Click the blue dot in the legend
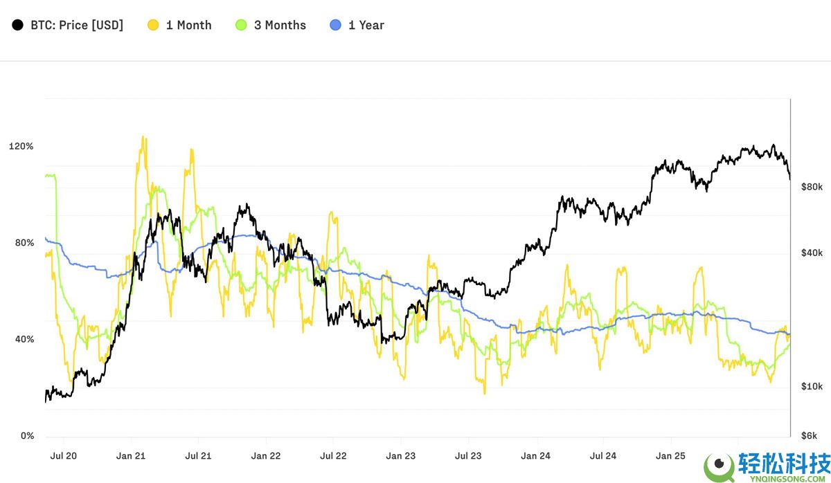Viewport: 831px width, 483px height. [336, 25]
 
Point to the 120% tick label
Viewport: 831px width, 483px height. [21, 146]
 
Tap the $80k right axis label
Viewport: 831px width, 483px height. [811, 187]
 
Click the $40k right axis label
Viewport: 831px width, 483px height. [811, 253]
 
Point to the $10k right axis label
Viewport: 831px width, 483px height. [811, 385]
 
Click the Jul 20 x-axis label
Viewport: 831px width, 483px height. [63, 456]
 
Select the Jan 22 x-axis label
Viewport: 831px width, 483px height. [265, 456]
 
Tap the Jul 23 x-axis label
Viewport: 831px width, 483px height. [468, 456]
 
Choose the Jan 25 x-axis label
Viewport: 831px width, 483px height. [670, 456]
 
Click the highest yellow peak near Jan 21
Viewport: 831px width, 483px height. [143, 137]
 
